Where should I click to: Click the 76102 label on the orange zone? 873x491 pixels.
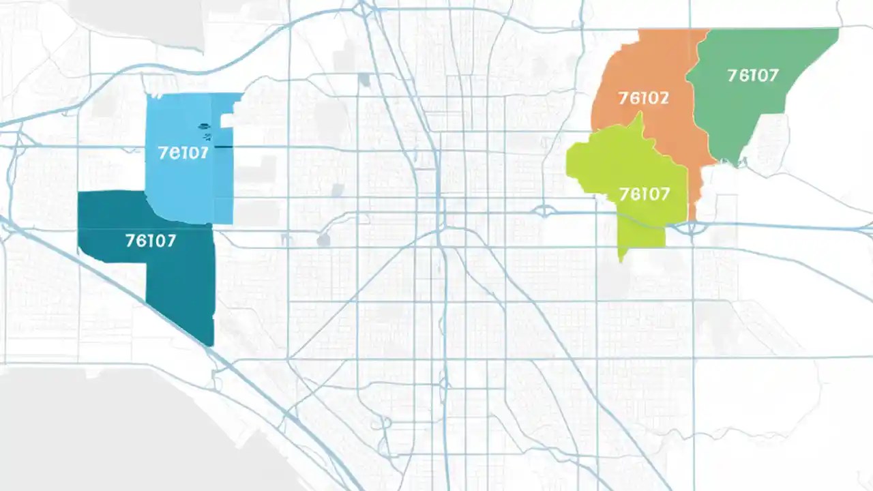click(x=644, y=98)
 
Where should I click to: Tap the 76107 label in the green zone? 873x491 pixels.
click(x=753, y=75)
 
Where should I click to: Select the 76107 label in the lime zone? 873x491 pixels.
click(x=645, y=194)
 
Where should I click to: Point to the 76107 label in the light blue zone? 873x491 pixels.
click(x=183, y=153)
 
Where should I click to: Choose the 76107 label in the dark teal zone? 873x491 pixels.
click(x=151, y=240)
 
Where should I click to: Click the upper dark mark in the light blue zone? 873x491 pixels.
click(x=203, y=125)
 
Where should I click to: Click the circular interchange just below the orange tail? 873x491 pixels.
click(x=692, y=228)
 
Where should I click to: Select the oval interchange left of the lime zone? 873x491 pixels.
click(x=545, y=211)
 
